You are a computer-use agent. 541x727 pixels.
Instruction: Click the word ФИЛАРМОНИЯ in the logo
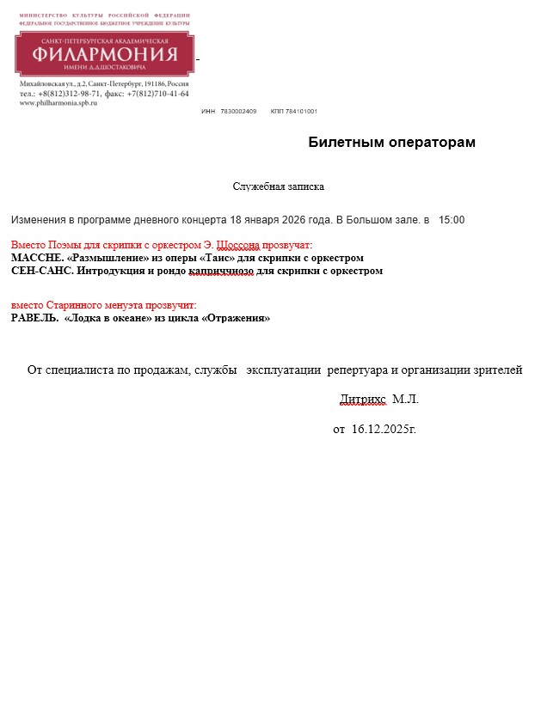(105, 55)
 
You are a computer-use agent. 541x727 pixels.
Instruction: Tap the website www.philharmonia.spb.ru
(58, 102)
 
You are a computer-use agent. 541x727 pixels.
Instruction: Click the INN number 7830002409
(238, 112)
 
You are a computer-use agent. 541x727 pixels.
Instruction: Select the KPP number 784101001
(301, 112)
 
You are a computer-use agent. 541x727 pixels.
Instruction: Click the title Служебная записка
(278, 186)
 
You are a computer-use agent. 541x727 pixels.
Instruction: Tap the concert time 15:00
(451, 220)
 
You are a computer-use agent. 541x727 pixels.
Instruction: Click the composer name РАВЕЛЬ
(34, 318)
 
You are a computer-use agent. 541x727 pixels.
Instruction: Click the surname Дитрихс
(364, 400)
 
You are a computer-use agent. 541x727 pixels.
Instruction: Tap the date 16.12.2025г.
(384, 428)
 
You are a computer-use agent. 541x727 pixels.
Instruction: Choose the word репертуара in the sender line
(357, 370)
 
